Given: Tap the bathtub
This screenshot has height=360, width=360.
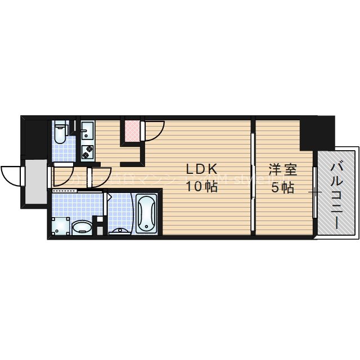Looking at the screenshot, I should tap(146, 213).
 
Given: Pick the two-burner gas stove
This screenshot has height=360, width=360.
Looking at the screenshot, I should tap(87, 151).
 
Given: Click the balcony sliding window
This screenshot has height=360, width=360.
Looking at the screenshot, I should tap(316, 191).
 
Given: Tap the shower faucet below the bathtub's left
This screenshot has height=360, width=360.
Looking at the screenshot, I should tap(119, 229).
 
